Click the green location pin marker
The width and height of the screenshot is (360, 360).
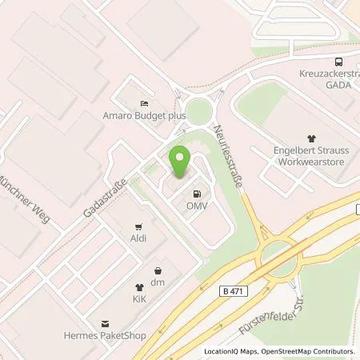click(x=180, y=162)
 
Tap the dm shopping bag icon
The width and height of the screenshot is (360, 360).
click(x=158, y=270)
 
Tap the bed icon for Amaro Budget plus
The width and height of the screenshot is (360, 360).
click(x=144, y=104)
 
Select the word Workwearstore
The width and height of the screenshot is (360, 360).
click(x=311, y=160)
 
